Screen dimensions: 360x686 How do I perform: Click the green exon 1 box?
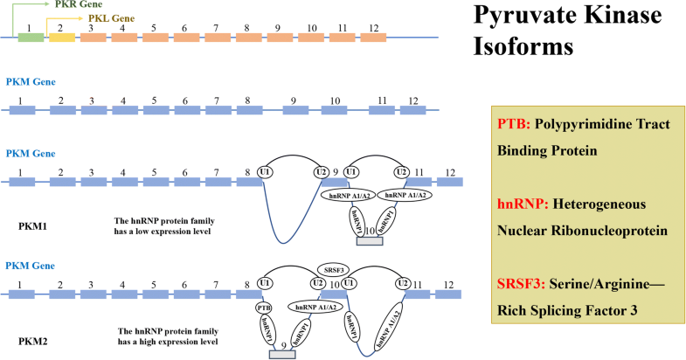click(x=31, y=38)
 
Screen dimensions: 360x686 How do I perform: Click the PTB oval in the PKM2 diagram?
click(x=265, y=308)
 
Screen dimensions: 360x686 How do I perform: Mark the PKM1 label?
click(x=34, y=225)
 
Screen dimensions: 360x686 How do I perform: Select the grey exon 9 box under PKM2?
click(x=281, y=353)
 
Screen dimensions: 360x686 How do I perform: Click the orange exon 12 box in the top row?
click(x=373, y=38)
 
